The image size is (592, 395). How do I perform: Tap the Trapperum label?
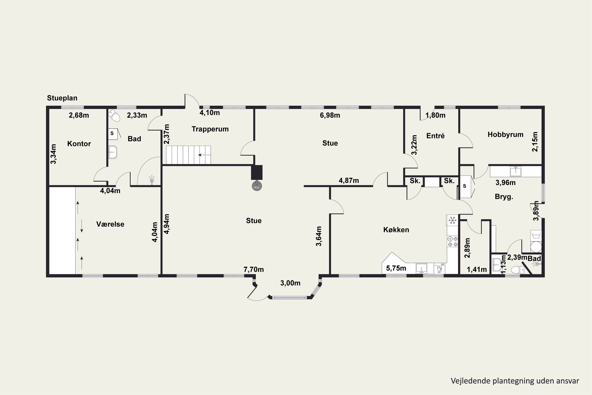point(210,129)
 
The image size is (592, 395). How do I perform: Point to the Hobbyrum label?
point(505,134)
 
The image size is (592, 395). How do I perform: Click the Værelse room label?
point(110,224)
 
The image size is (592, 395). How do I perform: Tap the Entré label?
point(436,136)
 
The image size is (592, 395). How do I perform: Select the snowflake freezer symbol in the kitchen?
point(452,220)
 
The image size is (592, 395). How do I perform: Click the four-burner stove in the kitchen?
point(452,241)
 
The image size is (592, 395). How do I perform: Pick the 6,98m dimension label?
point(330,115)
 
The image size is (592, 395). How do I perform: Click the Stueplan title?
point(62,98)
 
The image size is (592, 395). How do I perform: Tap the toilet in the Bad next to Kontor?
point(114,116)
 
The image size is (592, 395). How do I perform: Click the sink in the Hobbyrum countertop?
point(515,171)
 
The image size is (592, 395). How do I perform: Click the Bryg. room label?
point(504,197)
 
